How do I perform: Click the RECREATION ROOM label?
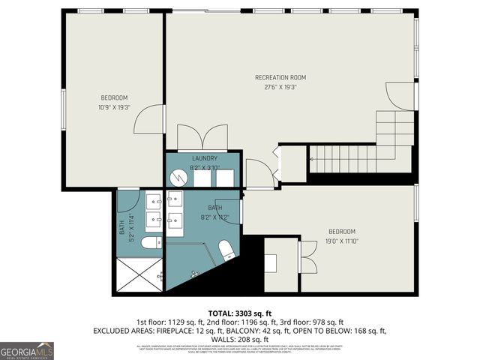(x=280, y=77)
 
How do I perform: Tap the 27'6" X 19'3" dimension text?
(x=280, y=87)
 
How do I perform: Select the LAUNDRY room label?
(x=204, y=158)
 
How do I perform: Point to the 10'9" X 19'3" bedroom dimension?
(x=115, y=106)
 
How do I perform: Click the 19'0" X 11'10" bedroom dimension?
(x=341, y=241)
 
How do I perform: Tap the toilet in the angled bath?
(x=226, y=250)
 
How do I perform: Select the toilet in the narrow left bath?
(x=149, y=242)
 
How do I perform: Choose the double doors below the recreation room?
(x=202, y=137)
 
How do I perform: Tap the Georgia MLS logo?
(x=27, y=350)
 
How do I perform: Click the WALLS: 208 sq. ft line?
(x=239, y=340)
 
